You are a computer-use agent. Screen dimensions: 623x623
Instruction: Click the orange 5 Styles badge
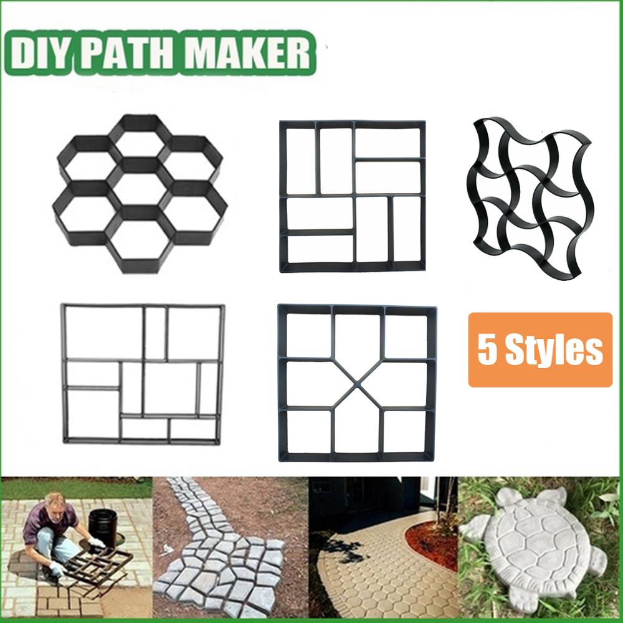[x=540, y=350]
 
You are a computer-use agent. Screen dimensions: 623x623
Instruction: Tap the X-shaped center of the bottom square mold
[x=358, y=383]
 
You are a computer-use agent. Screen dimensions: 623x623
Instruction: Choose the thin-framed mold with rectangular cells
[x=143, y=374]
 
